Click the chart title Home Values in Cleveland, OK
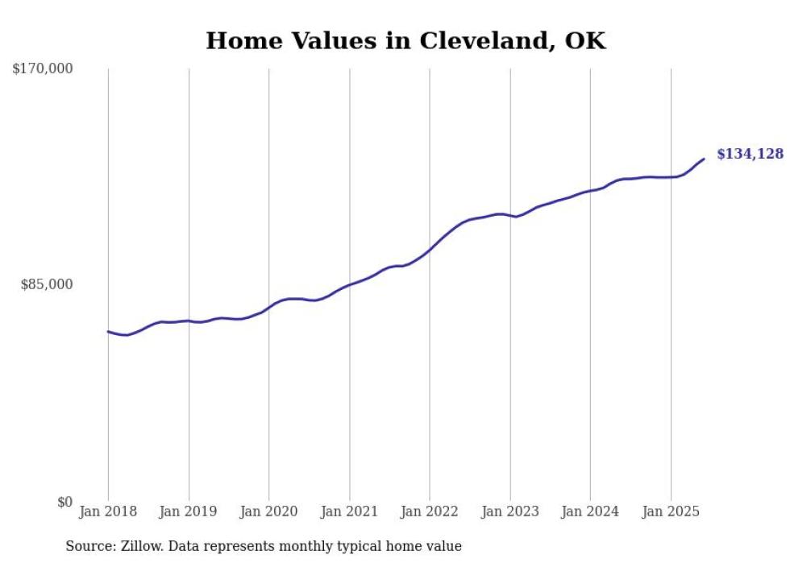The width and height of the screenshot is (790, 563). [405, 41]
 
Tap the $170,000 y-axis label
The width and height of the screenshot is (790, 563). [43, 69]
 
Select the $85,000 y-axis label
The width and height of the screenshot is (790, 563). [46, 284]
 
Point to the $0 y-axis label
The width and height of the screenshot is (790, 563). [64, 502]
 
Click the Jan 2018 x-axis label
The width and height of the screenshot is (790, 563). [108, 511]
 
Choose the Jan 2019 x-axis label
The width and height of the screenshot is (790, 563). [189, 511]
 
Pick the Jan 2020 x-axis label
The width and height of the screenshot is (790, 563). [269, 511]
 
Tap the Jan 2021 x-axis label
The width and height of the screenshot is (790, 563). [349, 511]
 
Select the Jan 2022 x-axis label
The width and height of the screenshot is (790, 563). [430, 511]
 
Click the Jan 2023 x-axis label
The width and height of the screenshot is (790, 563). [509, 511]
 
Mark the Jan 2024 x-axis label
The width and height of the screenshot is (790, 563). [590, 511]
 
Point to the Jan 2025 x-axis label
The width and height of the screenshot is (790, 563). [671, 511]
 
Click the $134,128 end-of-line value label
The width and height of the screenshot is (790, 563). [750, 154]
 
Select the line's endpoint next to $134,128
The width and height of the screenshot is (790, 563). [704, 159]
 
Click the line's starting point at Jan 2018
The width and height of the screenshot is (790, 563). [108, 331]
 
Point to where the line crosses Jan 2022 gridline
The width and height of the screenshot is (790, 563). [430, 250]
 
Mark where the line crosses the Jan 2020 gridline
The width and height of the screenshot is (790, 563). [269, 307]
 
